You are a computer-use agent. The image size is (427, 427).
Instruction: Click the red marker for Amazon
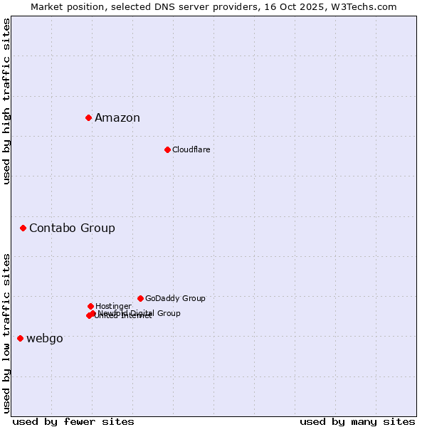coord(88,117)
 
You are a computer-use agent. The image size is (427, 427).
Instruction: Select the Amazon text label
coord(117,118)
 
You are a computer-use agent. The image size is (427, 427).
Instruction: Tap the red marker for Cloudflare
coord(167,149)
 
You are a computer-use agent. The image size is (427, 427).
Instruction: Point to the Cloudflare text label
coord(191,149)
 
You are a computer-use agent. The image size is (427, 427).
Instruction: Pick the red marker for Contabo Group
coord(23,228)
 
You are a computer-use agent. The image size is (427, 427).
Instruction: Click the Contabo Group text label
coord(72,228)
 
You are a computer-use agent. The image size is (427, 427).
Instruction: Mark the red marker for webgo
coord(20,338)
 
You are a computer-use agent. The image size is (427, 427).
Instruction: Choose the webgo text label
coord(45,339)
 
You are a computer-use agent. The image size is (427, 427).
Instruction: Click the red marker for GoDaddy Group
coord(140,298)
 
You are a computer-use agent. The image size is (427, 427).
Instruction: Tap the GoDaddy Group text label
coord(175,298)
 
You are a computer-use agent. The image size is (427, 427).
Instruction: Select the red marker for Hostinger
coord(90,306)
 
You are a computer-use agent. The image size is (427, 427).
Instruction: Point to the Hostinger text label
coord(113,306)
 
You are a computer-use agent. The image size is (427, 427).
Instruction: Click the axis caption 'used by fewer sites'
coord(73,421)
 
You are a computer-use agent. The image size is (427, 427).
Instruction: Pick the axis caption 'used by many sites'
coord(357,421)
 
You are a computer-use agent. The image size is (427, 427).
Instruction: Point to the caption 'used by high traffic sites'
coord(6,101)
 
